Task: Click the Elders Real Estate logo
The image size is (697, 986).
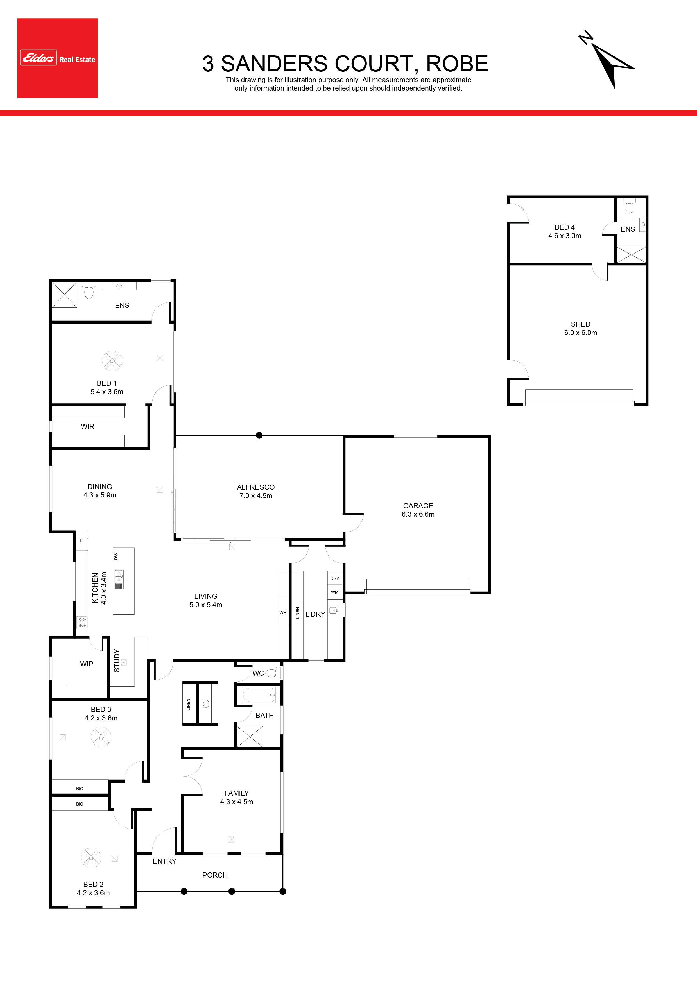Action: [x=58, y=58]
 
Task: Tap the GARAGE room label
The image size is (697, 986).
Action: [x=418, y=505]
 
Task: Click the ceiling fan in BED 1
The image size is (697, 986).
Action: [x=112, y=360]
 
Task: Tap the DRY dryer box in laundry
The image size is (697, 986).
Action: [x=334, y=578]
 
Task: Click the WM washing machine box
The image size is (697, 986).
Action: [x=334, y=592]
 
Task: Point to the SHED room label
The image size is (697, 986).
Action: [x=580, y=324]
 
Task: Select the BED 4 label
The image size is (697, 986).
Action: [x=564, y=227]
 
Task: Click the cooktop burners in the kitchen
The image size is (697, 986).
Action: [x=82, y=622]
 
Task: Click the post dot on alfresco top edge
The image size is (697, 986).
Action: [x=259, y=435]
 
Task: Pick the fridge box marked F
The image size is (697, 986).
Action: [x=82, y=541]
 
